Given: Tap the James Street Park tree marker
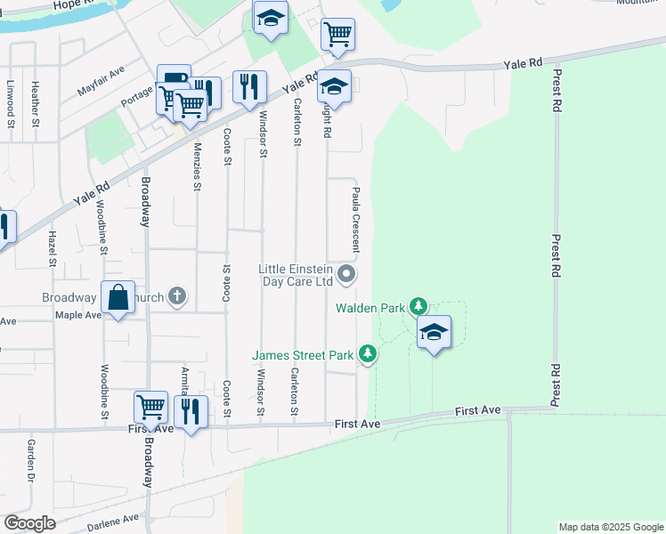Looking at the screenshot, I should pyautogui.click(x=368, y=355).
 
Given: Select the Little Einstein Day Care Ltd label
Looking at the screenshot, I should pyautogui.click(x=296, y=275).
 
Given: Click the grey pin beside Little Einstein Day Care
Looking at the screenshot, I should pyautogui.click(x=347, y=275).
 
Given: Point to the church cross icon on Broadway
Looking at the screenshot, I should pyautogui.click(x=177, y=295).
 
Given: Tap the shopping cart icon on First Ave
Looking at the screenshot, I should pyautogui.click(x=150, y=408).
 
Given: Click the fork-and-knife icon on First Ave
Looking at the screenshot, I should pyautogui.click(x=191, y=411).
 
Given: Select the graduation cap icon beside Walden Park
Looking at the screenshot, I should pyautogui.click(x=434, y=332).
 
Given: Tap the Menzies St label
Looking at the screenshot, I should pyautogui.click(x=197, y=166).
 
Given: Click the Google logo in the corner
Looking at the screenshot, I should pyautogui.click(x=29, y=523).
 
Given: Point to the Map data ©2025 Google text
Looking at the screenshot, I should pyautogui.click(x=610, y=527).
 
